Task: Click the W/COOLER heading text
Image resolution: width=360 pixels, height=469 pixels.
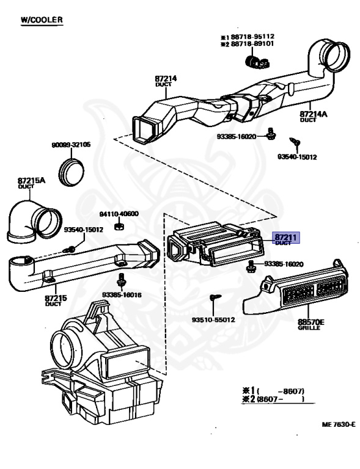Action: click(42, 20)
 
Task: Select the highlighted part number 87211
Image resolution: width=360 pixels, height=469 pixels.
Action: click(285, 238)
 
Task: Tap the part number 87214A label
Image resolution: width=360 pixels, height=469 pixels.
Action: click(314, 114)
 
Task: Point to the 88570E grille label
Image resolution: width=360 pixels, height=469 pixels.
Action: click(311, 322)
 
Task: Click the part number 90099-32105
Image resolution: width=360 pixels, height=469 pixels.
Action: click(71, 145)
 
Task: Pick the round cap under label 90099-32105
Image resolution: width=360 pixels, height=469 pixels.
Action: click(72, 172)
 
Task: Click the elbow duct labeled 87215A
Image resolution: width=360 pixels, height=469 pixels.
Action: click(34, 221)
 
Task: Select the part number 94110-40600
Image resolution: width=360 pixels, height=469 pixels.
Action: click(119, 214)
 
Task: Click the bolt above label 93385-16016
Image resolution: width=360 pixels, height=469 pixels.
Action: click(121, 280)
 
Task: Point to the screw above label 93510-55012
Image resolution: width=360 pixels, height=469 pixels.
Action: click(216, 297)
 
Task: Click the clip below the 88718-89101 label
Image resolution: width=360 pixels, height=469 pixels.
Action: click(257, 62)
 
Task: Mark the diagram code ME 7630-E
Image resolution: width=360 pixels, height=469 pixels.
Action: click(339, 424)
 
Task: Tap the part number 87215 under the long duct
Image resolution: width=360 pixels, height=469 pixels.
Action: click(56, 298)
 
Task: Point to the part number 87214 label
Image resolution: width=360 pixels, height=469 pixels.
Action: click(166, 79)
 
